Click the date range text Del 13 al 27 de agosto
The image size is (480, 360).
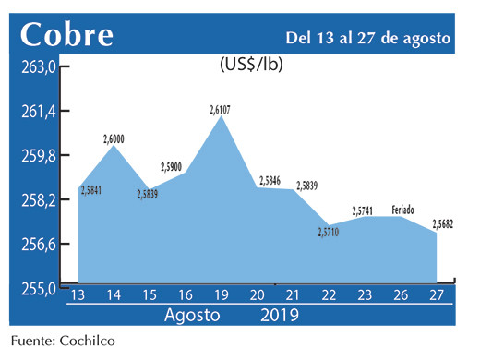tap(367, 38)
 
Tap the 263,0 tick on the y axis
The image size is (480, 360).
tap(40, 67)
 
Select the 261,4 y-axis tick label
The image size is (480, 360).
tap(40, 112)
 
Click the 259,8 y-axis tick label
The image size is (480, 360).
tap(40, 156)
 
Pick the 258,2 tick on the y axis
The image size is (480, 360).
tap(40, 200)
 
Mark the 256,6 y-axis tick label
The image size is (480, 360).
tap(40, 245)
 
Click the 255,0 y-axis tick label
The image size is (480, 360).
tap(40, 288)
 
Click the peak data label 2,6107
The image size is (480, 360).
tap(220, 110)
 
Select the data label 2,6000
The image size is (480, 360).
tap(114, 138)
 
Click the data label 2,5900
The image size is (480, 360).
tap(172, 166)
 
